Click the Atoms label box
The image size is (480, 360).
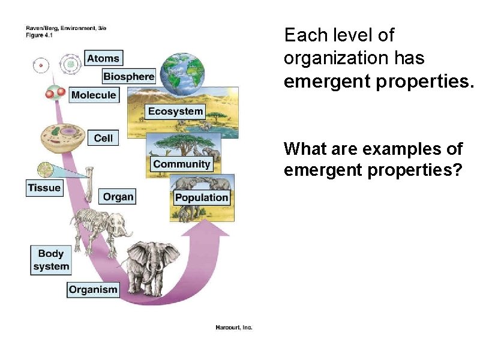(103, 58)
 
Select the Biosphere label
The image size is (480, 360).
(129, 76)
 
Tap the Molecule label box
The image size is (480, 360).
(94, 95)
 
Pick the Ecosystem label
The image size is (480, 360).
(175, 111)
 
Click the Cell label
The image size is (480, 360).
(103, 138)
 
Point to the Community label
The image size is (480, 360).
(181, 164)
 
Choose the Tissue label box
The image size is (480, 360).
(44, 188)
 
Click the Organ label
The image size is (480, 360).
(118, 197)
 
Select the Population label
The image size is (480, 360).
(202, 197)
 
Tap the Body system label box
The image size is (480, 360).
(51, 260)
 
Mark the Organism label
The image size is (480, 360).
(93, 290)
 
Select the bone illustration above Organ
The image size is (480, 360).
(89, 184)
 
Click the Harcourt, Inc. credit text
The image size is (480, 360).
(234, 327)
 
